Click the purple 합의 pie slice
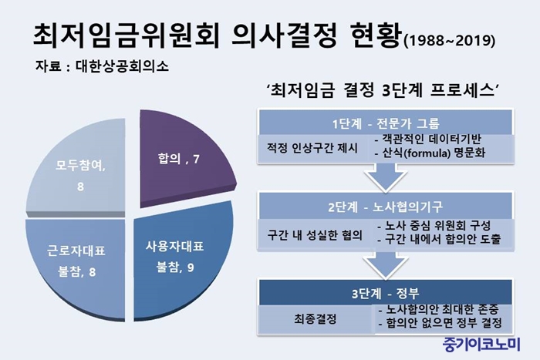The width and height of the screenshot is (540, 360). [179, 158]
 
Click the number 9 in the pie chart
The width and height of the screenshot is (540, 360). [191, 267]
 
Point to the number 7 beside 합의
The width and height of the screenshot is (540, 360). [196, 159]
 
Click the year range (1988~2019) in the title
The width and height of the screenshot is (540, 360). [450, 41]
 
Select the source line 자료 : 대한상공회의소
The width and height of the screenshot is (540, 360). [102, 66]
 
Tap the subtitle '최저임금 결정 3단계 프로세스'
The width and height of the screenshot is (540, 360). [383, 91]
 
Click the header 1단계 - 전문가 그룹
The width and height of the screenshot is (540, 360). [386, 123]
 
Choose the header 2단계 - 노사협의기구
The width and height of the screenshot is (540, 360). [386, 207]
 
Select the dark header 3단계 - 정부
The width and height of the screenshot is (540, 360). [386, 293]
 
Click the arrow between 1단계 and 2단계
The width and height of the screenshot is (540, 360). [386, 177]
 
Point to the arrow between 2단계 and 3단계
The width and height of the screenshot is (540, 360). [386, 264]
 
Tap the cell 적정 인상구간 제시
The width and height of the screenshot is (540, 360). [312, 148]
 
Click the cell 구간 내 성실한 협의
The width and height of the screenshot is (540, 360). [315, 235]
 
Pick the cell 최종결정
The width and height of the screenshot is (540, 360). [315, 319]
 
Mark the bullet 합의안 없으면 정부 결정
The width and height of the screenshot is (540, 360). [440, 323]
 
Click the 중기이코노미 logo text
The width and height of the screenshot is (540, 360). [481, 344]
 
